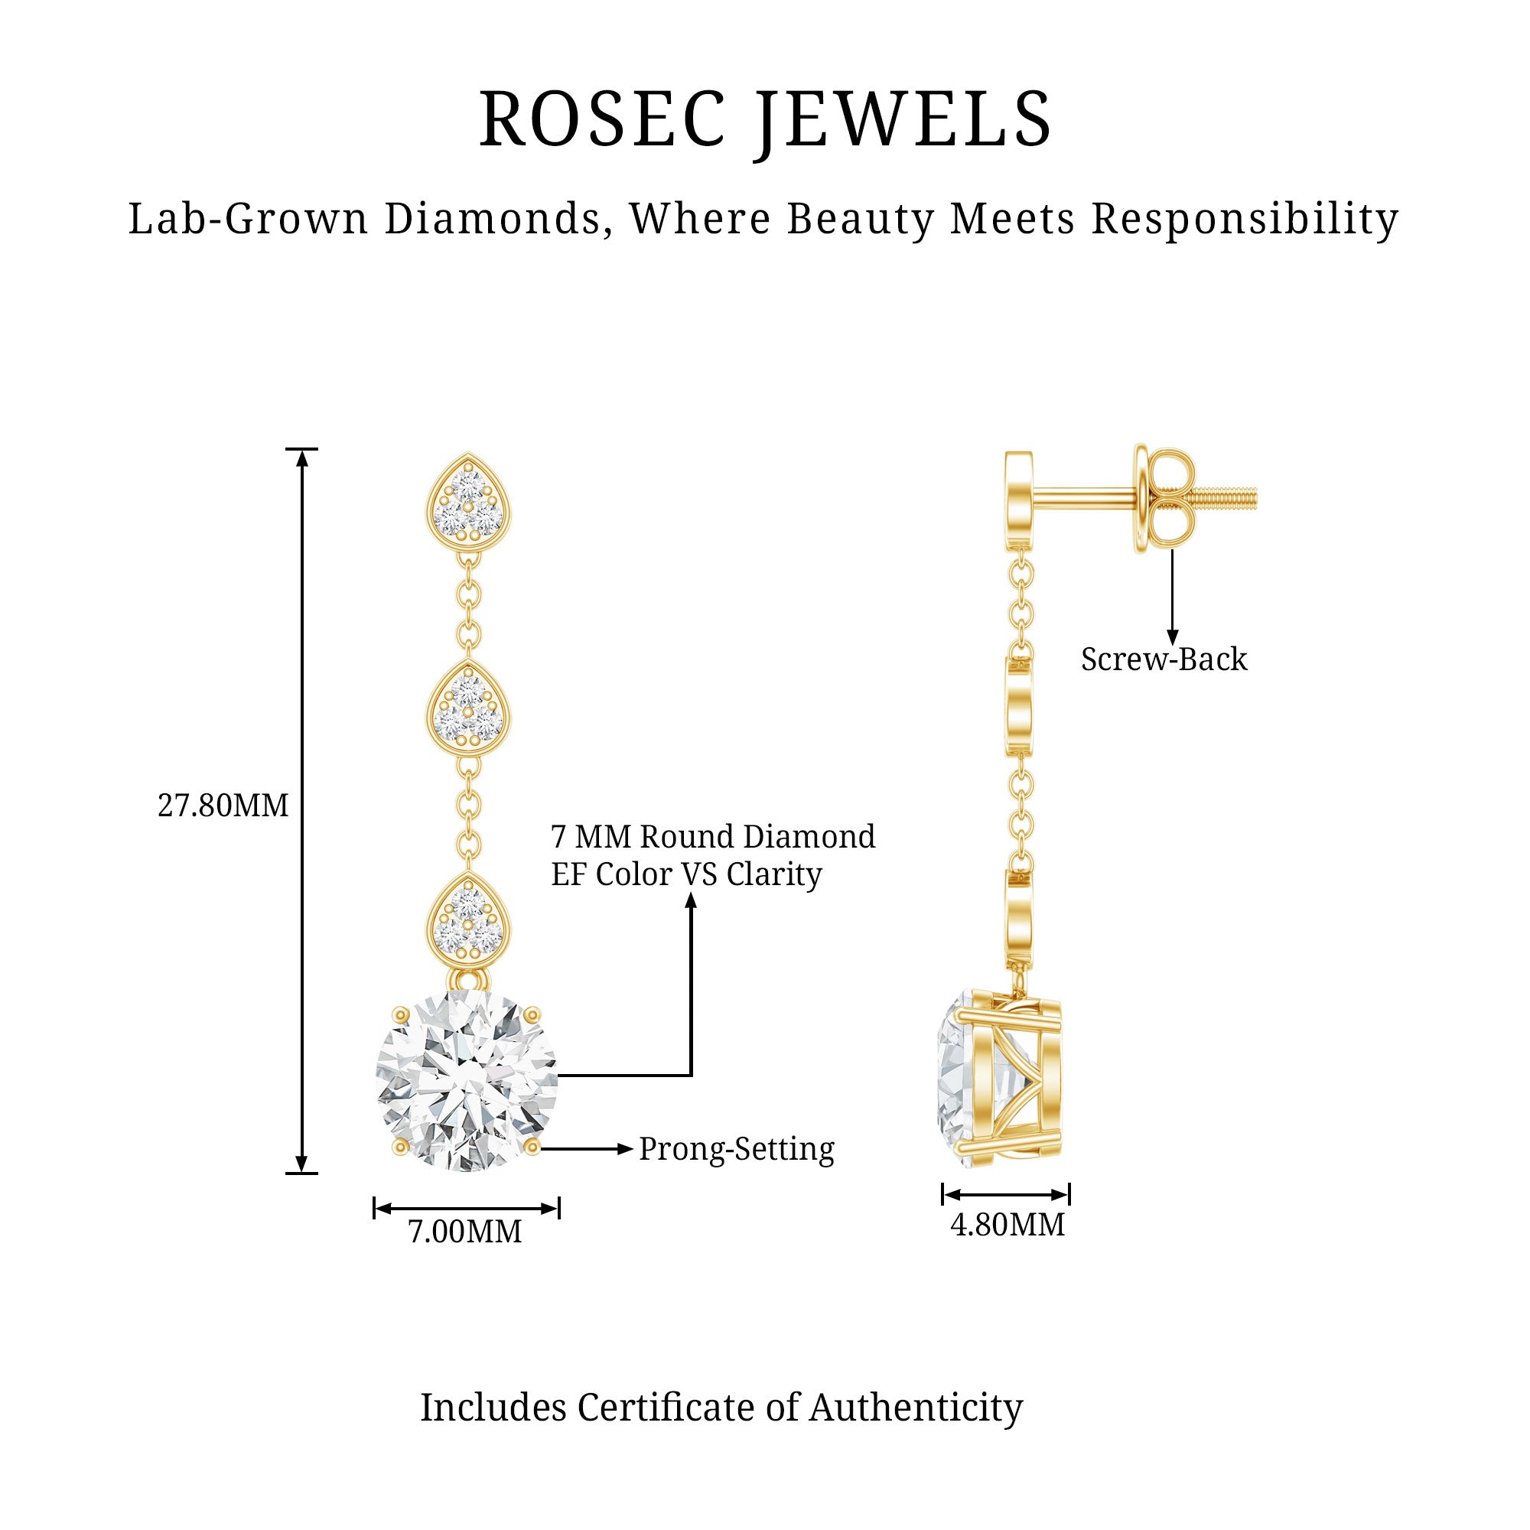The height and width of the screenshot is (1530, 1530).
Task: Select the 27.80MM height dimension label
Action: click(x=223, y=806)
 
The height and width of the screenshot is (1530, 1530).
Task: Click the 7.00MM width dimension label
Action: click(x=465, y=1232)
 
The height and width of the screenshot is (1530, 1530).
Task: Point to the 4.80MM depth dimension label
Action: click(x=1008, y=1224)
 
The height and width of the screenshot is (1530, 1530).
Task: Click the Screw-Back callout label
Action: click(x=1164, y=659)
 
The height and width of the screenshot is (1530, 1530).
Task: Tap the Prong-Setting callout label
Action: click(x=737, y=1149)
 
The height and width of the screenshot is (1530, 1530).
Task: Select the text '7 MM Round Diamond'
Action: click(x=713, y=836)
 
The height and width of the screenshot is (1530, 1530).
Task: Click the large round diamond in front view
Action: click(x=467, y=1080)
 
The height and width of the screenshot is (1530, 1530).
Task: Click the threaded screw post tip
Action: click(x=1235, y=500)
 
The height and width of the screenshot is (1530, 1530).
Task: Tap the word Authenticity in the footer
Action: click(x=916, y=1408)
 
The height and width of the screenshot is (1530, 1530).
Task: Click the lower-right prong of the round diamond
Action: click(x=532, y=1147)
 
